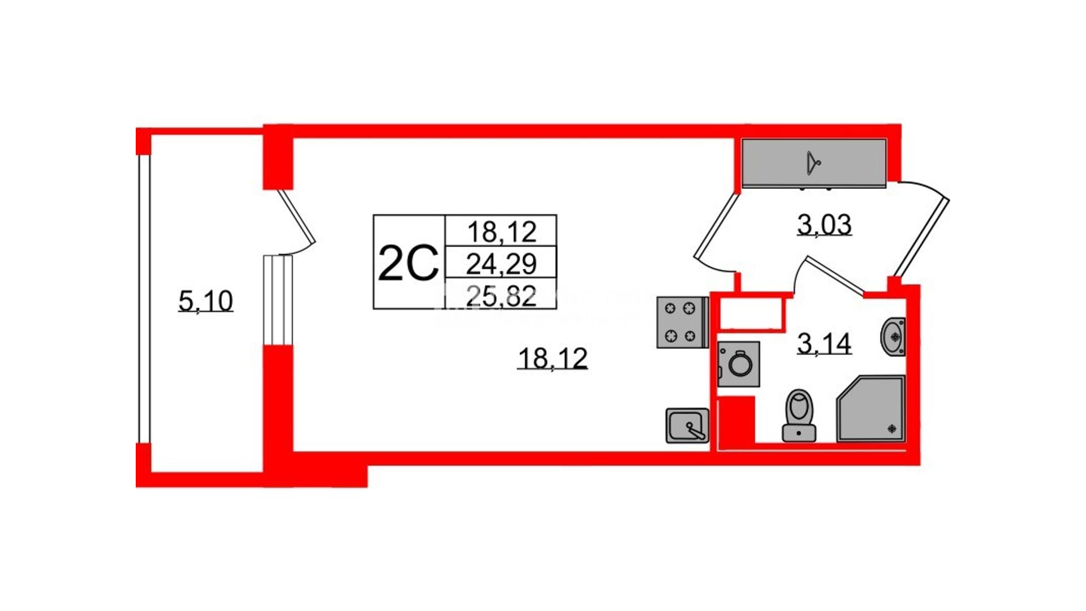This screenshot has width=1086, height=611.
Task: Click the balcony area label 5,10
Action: click(205, 300)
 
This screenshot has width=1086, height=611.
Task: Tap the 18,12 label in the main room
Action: click(553, 358)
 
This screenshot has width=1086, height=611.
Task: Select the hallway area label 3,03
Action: click(824, 225)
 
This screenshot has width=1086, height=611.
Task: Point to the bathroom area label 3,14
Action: click(824, 343)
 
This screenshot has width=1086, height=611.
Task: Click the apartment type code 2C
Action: click(408, 263)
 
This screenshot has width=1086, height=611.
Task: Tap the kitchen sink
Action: click(687, 425)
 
